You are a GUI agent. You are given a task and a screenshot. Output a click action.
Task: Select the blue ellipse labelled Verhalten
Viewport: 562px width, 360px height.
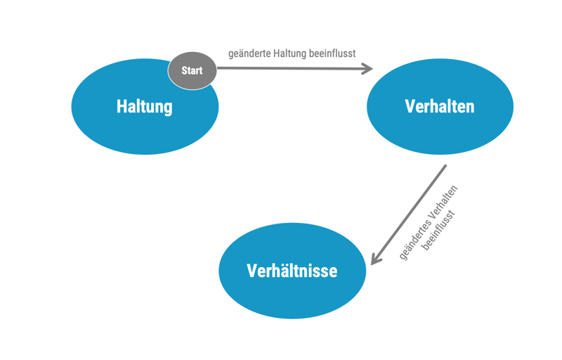440,130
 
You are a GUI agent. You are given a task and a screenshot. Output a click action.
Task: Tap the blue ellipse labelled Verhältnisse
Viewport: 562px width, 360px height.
292,295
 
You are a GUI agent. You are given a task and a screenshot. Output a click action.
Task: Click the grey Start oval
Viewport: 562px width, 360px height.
192,71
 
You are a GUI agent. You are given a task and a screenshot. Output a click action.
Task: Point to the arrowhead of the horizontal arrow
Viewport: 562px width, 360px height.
367,69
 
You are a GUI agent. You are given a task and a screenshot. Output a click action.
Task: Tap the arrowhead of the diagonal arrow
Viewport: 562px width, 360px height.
376,259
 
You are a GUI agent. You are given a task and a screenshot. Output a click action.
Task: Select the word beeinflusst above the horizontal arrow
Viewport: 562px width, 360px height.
332,53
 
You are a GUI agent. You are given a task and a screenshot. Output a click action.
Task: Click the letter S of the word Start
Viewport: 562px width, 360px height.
184,71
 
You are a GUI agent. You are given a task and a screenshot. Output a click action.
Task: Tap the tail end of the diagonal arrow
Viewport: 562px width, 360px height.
445,166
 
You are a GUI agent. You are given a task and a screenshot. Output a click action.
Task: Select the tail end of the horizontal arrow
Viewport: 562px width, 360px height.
218,68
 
